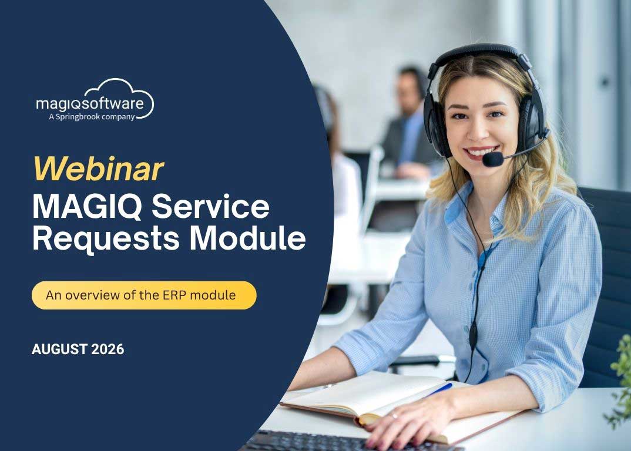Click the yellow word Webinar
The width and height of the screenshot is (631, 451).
(x=99, y=169)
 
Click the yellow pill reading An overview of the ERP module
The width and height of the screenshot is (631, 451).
(x=144, y=295)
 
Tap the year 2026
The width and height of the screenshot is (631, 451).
(x=108, y=349)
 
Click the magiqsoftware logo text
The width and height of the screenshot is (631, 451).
(x=90, y=103)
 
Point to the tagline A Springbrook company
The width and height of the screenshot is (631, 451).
(x=92, y=117)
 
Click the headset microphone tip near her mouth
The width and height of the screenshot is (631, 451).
(x=492, y=159)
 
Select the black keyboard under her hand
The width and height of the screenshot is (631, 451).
(x=346, y=441)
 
